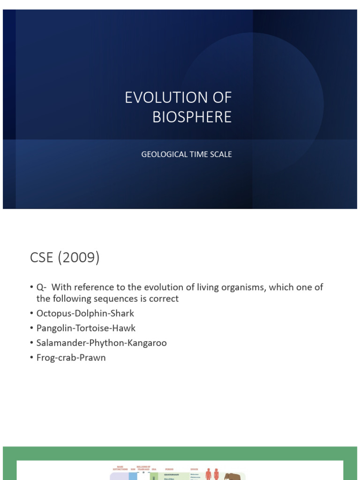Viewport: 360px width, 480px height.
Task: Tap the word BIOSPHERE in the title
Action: (192, 117)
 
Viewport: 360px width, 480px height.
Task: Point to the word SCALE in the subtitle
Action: (221, 154)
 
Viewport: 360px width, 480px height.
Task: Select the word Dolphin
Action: (88, 313)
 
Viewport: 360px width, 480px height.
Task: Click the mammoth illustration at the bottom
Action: (233, 476)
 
